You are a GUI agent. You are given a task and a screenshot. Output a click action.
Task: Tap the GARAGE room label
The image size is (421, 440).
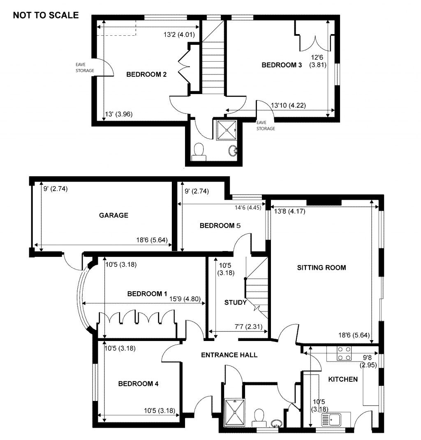[113, 215]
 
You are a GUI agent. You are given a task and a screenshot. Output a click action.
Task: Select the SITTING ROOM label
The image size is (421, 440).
[322, 268]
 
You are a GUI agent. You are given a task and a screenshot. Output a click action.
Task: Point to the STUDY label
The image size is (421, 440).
[236, 303]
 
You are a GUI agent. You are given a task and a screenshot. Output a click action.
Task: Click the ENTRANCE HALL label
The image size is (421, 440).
[229, 355]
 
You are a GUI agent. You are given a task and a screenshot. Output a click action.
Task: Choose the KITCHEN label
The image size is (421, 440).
[342, 379]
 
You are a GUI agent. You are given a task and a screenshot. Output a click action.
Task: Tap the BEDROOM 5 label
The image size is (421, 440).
[220, 226]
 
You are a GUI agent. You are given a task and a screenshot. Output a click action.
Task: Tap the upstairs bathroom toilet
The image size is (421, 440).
[199, 150]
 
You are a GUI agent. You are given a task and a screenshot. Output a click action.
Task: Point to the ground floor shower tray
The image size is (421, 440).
[233, 412]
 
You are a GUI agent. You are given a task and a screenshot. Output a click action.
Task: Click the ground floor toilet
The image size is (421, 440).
[259, 416]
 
